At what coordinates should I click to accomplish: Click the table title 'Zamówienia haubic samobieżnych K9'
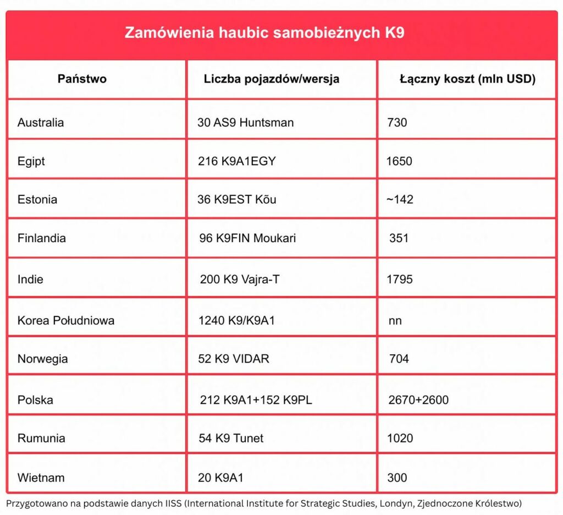pos(264,32)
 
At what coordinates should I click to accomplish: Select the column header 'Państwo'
pos(82,79)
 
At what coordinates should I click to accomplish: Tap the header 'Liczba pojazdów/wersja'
pos(272,79)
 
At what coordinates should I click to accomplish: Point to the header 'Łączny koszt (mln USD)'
pos(467,79)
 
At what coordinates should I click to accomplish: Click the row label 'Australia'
pos(41,122)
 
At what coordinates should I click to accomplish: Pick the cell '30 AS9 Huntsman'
pos(245,122)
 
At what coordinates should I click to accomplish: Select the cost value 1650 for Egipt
pos(399,162)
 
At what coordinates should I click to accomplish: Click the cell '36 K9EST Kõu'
pos(236,199)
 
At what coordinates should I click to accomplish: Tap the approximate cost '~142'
pos(400,199)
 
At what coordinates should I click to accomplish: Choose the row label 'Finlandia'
pos(42,238)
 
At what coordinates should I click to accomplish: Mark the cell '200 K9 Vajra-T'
pos(239,280)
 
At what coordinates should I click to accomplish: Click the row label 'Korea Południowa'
pos(66,320)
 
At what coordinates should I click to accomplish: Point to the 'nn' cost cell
pos(395,320)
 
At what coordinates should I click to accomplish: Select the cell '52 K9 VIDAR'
pos(234,359)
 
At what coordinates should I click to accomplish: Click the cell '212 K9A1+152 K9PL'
pos(256,400)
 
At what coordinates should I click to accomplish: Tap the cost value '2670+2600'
pos(418,400)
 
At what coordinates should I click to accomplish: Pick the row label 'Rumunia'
pos(41,438)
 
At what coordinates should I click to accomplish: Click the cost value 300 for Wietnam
pos(397,478)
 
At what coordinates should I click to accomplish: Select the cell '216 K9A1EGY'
pos(236,162)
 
